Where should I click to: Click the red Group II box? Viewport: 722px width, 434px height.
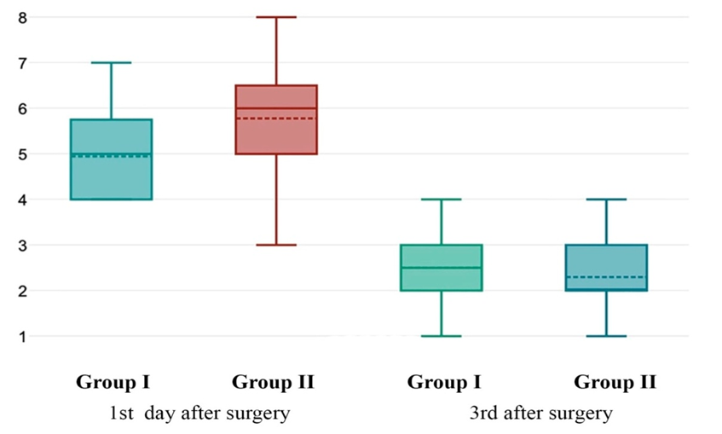tap(276, 132)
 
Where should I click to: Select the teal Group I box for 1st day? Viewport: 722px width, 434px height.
tap(111, 175)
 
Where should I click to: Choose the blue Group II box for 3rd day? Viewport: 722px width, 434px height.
tap(607, 260)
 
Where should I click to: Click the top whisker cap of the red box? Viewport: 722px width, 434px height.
tap(276, 17)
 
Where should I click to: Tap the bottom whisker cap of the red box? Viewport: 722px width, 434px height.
tap(276, 245)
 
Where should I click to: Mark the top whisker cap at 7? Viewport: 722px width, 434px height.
tap(111, 62)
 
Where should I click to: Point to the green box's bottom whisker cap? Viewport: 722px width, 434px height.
tap(442, 336)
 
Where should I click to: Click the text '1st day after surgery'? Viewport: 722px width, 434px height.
tap(199, 414)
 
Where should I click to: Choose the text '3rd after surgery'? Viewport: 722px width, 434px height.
tap(540, 414)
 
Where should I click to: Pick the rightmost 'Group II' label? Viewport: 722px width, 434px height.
tap(615, 382)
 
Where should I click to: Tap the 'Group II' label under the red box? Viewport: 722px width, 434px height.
tap(273, 382)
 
